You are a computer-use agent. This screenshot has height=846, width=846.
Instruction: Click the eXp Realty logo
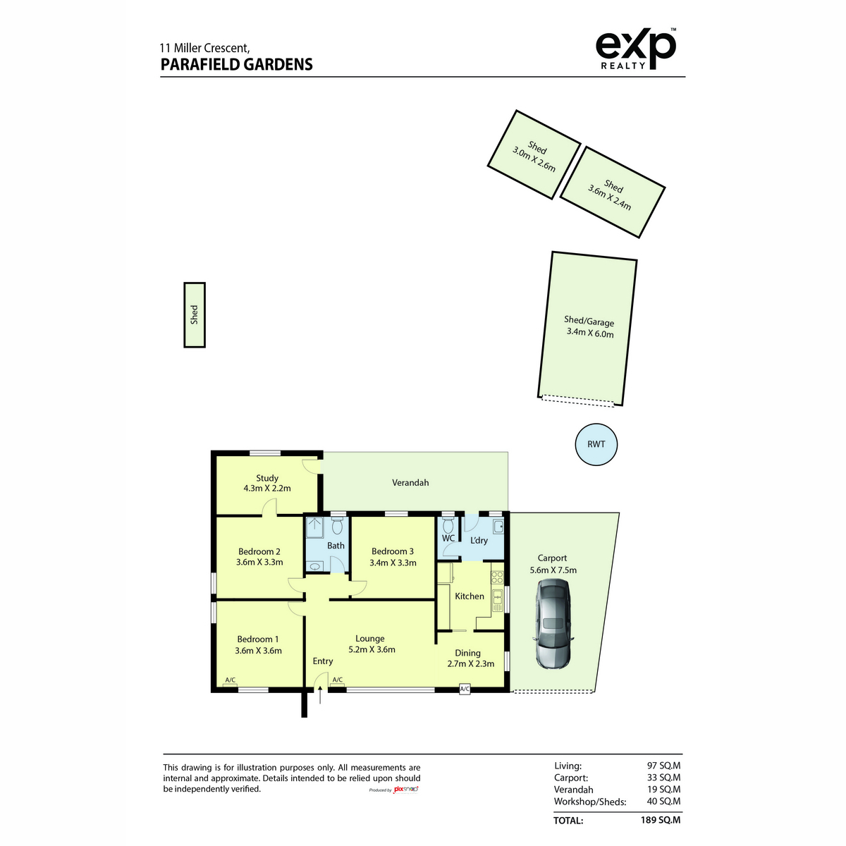635,49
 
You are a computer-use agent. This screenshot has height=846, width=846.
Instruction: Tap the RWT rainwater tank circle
596,444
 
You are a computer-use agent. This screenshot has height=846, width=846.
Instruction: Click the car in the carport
552,624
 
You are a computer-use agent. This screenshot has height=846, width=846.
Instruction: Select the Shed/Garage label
589,321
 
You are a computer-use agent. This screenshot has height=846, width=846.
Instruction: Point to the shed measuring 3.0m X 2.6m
534,154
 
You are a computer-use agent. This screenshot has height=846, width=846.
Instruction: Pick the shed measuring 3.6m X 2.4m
613,192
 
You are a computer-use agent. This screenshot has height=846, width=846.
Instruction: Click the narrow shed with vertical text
195,314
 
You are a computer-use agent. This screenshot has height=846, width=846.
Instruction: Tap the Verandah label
410,482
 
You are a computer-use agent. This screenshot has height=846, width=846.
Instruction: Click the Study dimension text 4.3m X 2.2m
267,488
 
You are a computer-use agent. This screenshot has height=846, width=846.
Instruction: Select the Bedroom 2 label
259,551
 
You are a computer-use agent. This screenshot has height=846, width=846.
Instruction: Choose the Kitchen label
470,596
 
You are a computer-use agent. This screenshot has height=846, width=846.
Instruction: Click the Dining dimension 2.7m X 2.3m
471,664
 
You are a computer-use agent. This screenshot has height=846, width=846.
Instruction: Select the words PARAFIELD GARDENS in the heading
237,65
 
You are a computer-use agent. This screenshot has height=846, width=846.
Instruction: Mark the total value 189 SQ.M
661,820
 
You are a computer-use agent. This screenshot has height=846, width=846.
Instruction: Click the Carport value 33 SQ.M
664,777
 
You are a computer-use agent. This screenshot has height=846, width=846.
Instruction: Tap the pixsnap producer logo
405,789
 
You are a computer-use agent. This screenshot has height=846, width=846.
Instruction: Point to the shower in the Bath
314,527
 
